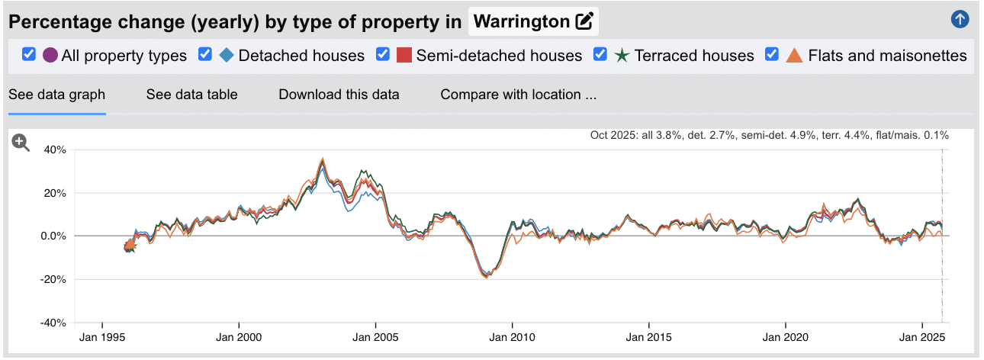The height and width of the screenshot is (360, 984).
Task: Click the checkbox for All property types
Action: pos(29,55)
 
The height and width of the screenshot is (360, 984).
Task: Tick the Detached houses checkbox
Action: pos(204,55)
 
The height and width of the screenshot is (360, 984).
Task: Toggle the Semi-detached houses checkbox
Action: pos(383,55)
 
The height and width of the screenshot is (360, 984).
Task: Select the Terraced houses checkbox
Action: pos(600,55)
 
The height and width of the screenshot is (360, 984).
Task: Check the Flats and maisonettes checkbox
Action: pos(772,55)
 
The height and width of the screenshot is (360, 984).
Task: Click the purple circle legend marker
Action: pos(50,56)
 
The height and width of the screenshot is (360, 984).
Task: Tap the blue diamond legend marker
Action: pos(227,56)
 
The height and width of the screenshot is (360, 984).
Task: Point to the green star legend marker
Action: pos(622,56)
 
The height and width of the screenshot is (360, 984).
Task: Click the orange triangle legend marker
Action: pos(794,56)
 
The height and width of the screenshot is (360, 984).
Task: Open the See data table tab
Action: pos(191,95)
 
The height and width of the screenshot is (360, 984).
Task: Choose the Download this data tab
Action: pos(339,95)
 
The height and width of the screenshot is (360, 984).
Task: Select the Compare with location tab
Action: pos(518,95)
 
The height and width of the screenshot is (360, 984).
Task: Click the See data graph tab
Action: pos(56,95)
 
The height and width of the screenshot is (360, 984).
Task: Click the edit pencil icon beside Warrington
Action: pos(584,21)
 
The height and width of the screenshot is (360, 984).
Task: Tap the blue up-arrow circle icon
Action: pos(960,20)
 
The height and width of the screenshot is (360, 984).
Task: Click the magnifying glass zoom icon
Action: pos(21,143)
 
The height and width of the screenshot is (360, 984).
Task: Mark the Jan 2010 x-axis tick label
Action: pos(512,336)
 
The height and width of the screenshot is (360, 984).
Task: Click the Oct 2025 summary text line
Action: pos(769,135)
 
